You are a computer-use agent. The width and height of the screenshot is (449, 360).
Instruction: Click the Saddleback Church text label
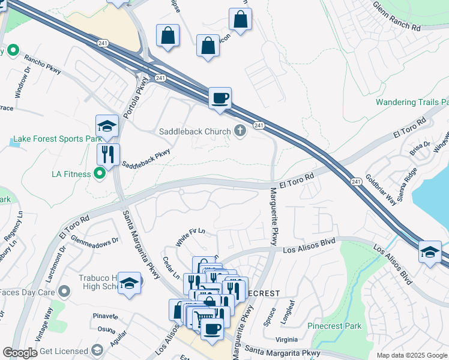(x=194, y=131)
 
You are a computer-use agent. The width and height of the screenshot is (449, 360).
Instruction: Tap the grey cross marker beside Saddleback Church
(x=240, y=131)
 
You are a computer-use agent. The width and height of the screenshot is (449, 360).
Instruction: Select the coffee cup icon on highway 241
(x=220, y=98)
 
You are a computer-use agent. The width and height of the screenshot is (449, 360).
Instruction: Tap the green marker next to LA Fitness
(x=100, y=174)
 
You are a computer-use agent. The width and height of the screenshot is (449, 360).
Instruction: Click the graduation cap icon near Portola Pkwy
(x=107, y=125)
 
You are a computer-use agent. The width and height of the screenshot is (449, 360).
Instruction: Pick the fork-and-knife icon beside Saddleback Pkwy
(x=108, y=154)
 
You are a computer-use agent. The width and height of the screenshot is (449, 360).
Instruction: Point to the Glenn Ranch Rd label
(x=396, y=16)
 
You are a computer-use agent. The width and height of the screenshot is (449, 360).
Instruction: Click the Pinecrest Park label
(x=334, y=326)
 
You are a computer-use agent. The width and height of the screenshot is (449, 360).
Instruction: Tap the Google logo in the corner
(x=19, y=352)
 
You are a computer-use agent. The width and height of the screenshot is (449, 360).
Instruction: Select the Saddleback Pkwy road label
(x=146, y=158)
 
